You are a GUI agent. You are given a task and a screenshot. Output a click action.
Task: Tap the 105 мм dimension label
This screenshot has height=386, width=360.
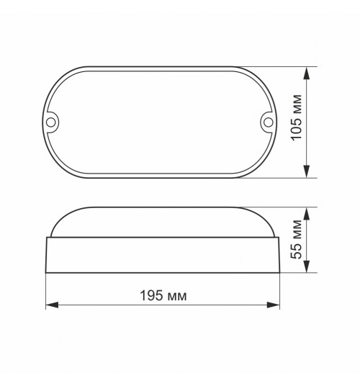coord(296,117)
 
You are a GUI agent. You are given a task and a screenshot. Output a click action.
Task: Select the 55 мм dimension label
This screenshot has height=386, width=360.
coord(296,239)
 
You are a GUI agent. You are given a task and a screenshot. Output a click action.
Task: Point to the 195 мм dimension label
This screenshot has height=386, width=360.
coord(163,295)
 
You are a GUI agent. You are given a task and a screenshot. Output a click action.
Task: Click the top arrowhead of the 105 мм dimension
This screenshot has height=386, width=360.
coord(306,73)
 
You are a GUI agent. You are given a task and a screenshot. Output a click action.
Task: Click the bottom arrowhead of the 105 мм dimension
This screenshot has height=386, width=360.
coord(306,171)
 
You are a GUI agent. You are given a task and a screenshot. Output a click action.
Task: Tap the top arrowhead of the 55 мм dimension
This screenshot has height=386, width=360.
coord(306,214)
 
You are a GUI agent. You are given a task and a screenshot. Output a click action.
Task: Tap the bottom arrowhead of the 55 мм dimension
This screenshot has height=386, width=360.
coord(306,266)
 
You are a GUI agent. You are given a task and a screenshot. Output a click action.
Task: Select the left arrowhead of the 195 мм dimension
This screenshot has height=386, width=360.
coord(52,305)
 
